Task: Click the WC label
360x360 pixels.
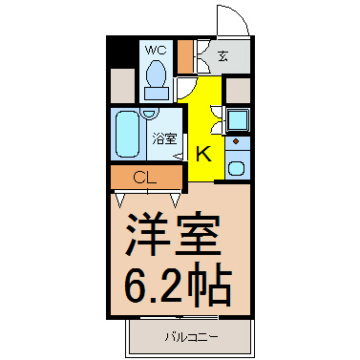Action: pos(156,50)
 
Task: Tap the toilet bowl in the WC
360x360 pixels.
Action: pos(156,74)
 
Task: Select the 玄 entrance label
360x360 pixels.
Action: pos(223,56)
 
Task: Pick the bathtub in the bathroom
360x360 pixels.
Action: pos(127,134)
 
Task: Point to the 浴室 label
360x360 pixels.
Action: pos(164,138)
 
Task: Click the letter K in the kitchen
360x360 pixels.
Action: pos(203,154)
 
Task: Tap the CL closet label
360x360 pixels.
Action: pos(145,178)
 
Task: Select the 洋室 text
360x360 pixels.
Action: pos(174,234)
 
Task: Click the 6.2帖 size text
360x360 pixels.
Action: pos(178,284)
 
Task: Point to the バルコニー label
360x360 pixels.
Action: pos(192,337)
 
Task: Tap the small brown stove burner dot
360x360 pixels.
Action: pos(236,141)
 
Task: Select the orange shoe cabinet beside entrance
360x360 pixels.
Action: pos(185,56)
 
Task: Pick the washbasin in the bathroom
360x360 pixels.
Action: pos(149,114)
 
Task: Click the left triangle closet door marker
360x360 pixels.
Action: pos(120,201)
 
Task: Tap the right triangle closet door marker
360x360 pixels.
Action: pos(176,201)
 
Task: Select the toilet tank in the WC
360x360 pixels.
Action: pos(157,94)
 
